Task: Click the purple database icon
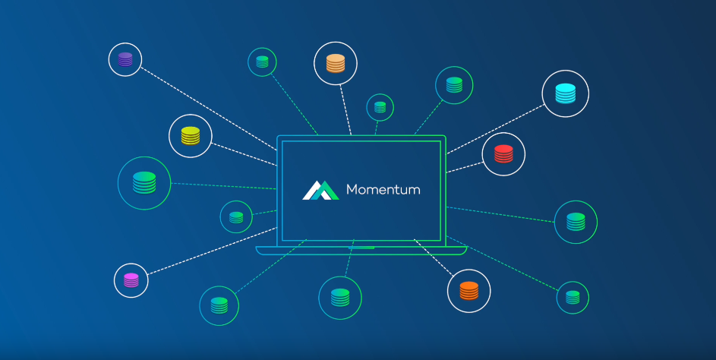click(x=125, y=59)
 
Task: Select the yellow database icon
click(x=191, y=136)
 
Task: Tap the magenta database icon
click(x=131, y=280)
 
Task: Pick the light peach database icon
click(x=336, y=64)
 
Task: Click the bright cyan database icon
click(x=566, y=93)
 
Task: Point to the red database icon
click(x=503, y=154)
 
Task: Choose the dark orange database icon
click(x=469, y=291)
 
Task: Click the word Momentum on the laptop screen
click(x=383, y=190)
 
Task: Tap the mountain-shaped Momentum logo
click(x=320, y=191)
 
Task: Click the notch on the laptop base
click(x=361, y=248)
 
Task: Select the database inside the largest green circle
click(x=144, y=183)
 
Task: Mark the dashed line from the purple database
click(x=209, y=109)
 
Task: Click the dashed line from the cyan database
click(x=496, y=129)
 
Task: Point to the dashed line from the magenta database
click(x=213, y=251)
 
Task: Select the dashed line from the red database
click(x=465, y=167)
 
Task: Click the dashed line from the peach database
click(x=345, y=109)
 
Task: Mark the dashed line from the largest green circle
click(x=224, y=186)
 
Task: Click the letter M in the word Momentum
click(x=352, y=190)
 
